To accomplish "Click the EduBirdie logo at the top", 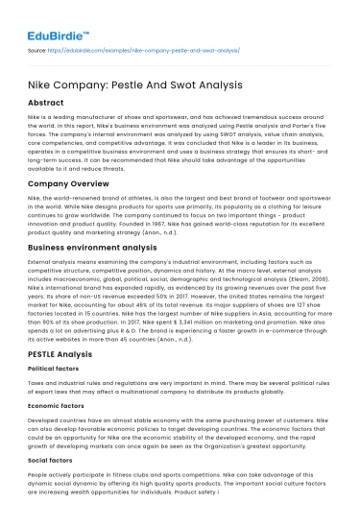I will tap(45, 17).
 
